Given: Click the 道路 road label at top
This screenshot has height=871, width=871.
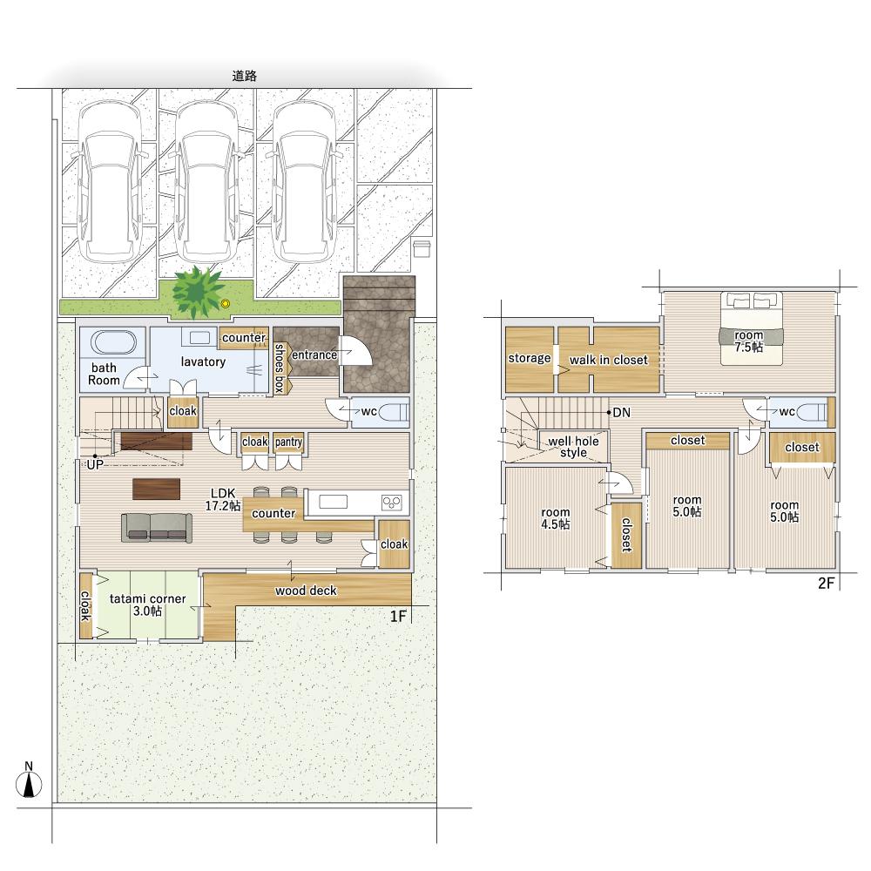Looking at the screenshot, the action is click(245, 76).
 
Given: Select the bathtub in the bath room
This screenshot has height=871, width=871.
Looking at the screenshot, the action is click(113, 342).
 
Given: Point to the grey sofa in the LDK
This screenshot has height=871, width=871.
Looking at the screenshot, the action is click(157, 528).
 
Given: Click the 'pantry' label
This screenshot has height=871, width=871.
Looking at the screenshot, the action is click(288, 442).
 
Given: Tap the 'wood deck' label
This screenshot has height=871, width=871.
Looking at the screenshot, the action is click(306, 591).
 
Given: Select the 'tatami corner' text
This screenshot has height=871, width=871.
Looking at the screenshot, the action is click(148, 599).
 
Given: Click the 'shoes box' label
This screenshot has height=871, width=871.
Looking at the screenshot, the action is click(280, 368).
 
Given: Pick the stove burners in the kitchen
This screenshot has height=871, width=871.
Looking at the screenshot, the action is click(392, 503).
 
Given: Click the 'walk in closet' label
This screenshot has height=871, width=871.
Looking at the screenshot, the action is click(609, 360).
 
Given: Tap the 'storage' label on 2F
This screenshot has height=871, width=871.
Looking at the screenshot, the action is click(530, 359).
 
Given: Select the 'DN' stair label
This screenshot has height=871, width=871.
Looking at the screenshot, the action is click(622, 413).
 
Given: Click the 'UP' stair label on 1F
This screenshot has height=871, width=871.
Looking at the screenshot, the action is click(95, 464).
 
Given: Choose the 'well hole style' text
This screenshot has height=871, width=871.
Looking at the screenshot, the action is click(573, 447).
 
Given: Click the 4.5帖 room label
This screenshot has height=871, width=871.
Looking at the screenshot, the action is click(556, 518).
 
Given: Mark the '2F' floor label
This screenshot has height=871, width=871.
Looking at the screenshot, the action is click(826, 583).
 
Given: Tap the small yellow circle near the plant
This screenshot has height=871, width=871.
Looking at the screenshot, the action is click(225, 304).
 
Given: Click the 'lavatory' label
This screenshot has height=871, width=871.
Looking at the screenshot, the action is click(203, 362).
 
